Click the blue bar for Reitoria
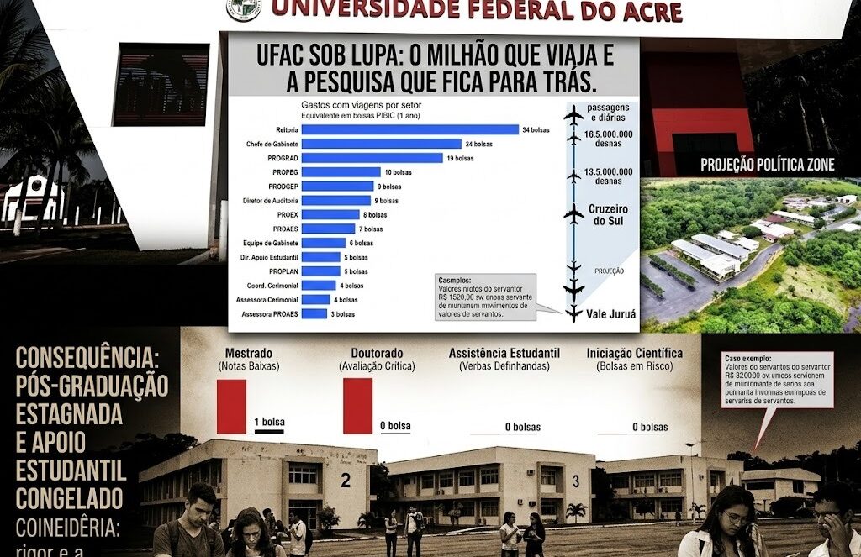click(409, 129)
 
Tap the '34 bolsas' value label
click(535, 129)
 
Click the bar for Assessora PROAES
click(314, 313)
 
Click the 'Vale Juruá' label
click(613, 314)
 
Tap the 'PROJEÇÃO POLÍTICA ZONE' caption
click(774, 165)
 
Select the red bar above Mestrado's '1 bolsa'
click(231, 406)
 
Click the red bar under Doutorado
click(357, 405)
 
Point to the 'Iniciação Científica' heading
click(634, 354)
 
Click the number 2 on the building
click(346, 481)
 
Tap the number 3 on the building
click(576, 481)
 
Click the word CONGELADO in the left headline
click(70, 499)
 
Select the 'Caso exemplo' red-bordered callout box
click(777, 380)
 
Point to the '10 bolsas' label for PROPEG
click(399, 172)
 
